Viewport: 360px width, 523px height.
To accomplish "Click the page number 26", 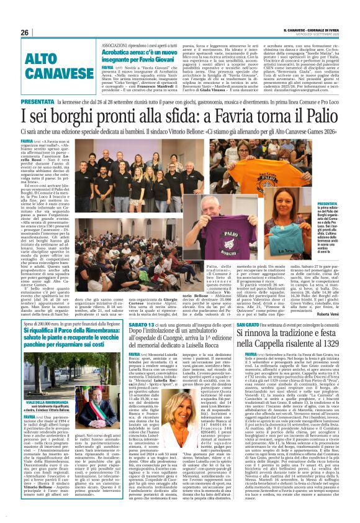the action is tap(25, 32).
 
